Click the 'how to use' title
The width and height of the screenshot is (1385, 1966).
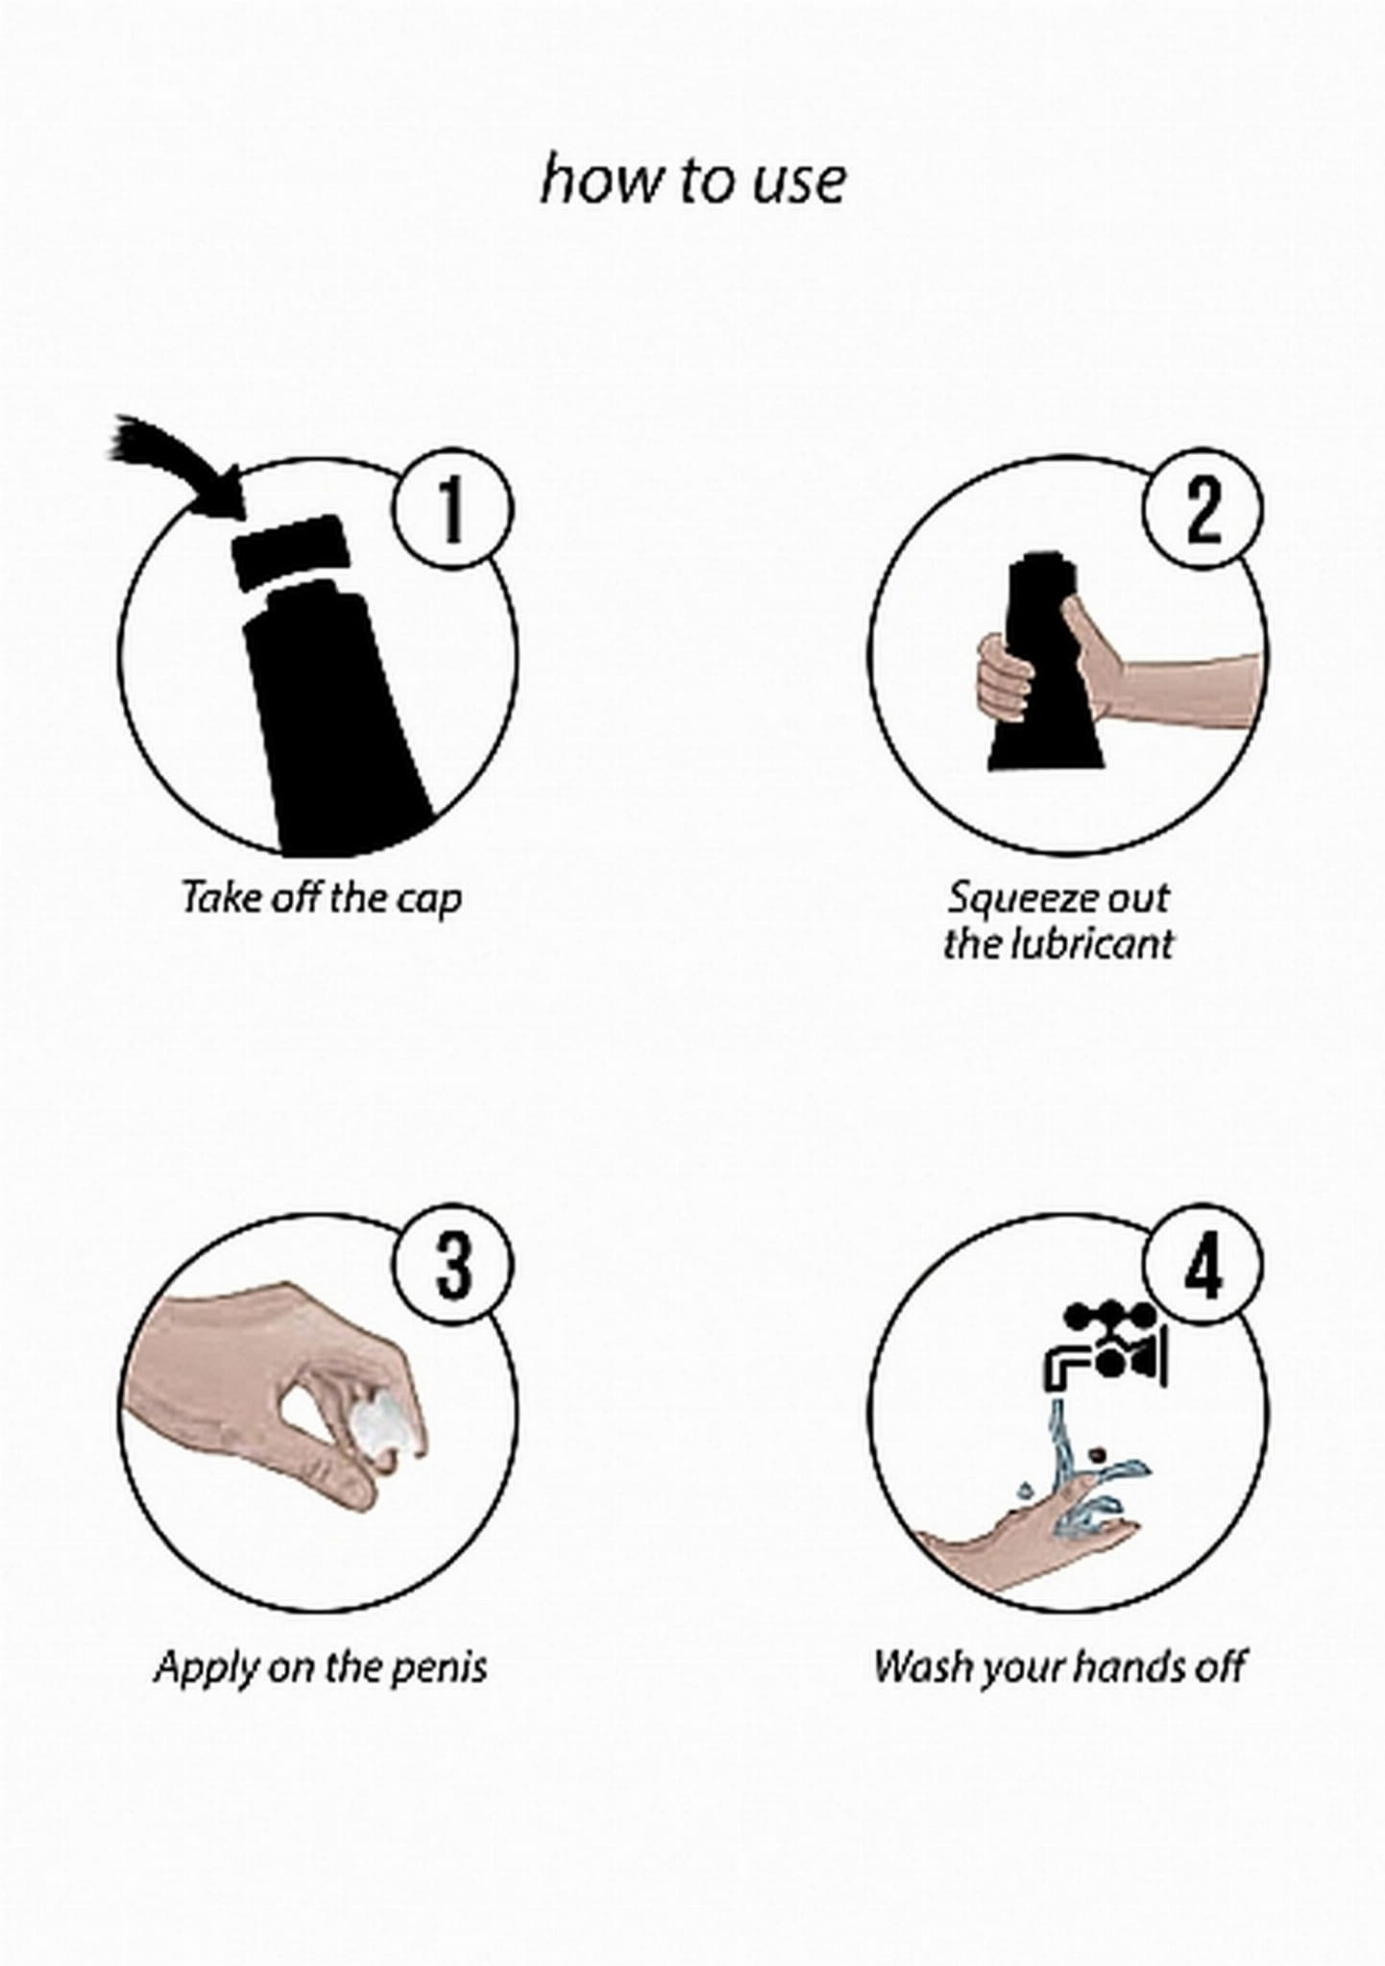coord(692,180)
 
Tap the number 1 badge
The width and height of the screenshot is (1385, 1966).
coord(451,509)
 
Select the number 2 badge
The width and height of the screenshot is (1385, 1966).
coord(1202,509)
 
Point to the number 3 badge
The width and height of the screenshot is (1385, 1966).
coord(451,1265)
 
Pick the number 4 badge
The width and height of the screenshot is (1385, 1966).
coord(1202,1265)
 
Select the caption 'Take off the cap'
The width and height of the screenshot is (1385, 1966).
coord(322,898)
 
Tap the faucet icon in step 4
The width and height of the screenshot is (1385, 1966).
coord(1106,1346)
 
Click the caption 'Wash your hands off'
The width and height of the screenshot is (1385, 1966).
coord(1060,1667)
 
